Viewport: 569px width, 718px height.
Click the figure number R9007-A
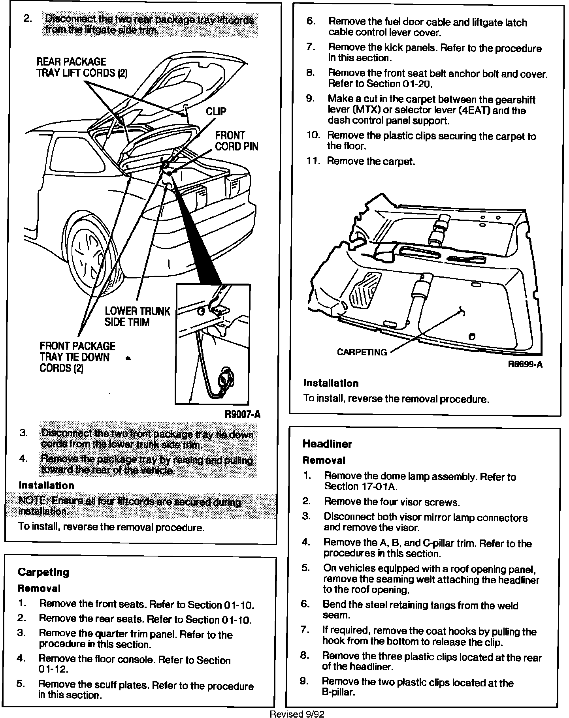click(242, 414)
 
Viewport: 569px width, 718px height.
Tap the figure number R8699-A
click(525, 365)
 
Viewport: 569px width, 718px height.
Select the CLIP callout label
click(216, 111)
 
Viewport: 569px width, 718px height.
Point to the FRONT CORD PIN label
click(236, 141)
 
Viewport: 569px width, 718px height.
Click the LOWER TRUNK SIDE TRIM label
click(137, 316)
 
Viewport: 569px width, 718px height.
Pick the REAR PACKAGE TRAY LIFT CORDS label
click(81, 68)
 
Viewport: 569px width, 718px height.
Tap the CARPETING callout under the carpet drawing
click(362, 352)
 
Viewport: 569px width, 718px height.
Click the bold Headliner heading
click(327, 444)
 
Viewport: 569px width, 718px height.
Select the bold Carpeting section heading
click(43, 572)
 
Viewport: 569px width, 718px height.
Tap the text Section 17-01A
click(361, 487)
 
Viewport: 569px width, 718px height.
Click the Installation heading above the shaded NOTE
click(46, 485)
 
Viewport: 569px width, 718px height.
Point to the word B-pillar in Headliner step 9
click(338, 692)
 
